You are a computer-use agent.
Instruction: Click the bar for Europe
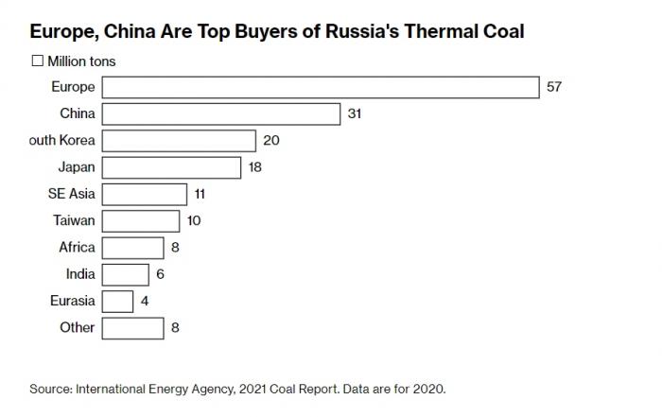coord(320,87)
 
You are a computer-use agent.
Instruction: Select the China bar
coord(220,113)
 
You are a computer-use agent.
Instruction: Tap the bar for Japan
coord(171,167)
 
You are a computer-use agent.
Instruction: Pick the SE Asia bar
coord(144,194)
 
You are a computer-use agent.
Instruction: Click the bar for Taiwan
coord(140,220)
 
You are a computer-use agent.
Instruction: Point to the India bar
coord(125,274)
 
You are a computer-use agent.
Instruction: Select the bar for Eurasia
coord(117,301)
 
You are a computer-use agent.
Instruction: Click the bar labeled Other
coord(132,327)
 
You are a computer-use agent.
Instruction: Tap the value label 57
coord(554,87)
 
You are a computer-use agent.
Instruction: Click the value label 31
coord(355,113)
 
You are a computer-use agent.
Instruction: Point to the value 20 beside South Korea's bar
coord(271,140)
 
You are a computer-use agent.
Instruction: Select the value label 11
coord(200,194)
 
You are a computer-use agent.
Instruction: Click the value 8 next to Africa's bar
coord(175,247)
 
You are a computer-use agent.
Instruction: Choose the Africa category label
coord(77,247)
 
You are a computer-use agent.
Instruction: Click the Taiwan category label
coord(74,220)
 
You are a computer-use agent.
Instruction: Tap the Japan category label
coord(77,167)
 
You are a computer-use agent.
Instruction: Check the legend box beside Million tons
coord(38,61)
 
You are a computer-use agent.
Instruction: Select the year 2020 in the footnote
coord(427,389)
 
